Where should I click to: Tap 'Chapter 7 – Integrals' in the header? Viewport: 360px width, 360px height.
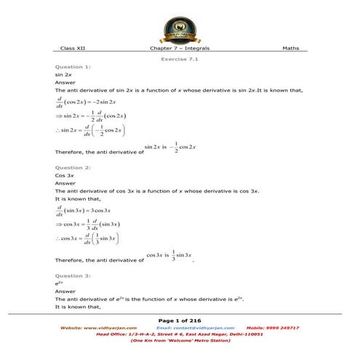[x=180, y=49]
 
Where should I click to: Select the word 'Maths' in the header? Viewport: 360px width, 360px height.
[x=290, y=49]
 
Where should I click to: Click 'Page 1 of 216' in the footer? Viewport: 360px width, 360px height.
[x=180, y=320]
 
